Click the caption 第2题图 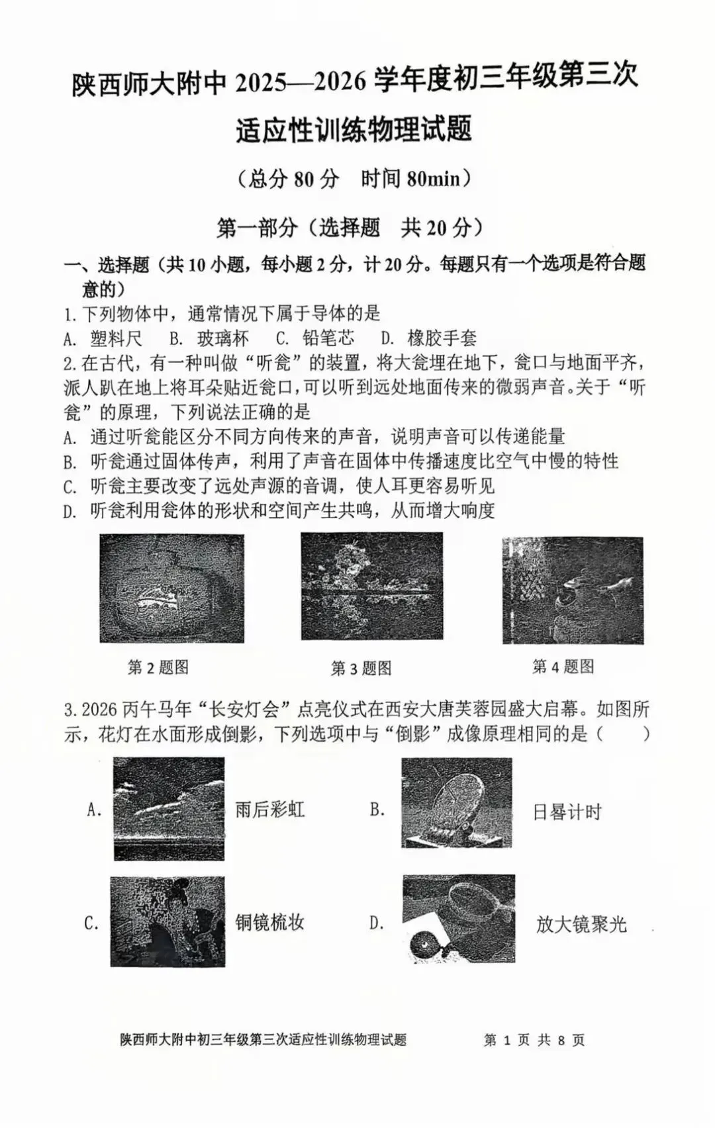(x=158, y=667)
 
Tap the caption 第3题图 (x=361, y=669)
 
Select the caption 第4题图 (x=563, y=667)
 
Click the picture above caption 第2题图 (x=171, y=588)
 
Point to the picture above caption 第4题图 (x=573, y=590)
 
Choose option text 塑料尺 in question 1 (x=117, y=339)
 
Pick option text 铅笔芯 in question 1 (x=328, y=338)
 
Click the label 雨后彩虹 (x=269, y=810)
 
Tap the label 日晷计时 (x=567, y=812)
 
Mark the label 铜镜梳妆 (x=269, y=923)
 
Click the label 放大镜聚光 (x=581, y=924)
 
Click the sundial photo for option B (x=457, y=803)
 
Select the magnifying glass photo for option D (x=459, y=919)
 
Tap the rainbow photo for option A (x=169, y=809)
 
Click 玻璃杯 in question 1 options (x=223, y=339)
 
